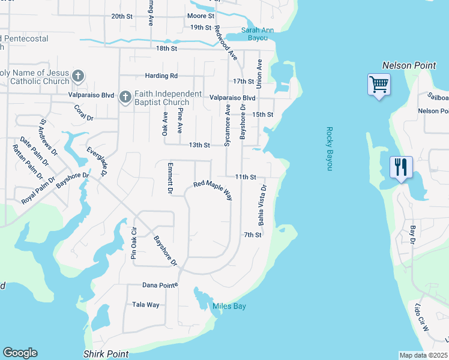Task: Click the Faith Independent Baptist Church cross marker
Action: (x=125, y=97)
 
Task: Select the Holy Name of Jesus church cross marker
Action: (x=78, y=76)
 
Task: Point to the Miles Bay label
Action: (x=229, y=307)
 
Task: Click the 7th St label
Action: (x=253, y=235)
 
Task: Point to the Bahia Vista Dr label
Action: (x=262, y=205)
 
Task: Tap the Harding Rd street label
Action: (x=161, y=76)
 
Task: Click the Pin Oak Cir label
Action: (x=134, y=243)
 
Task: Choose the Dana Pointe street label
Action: (x=160, y=285)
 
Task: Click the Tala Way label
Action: (x=146, y=305)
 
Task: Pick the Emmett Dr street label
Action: (x=170, y=178)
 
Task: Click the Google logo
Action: (x=20, y=353)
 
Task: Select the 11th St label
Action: (x=246, y=178)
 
